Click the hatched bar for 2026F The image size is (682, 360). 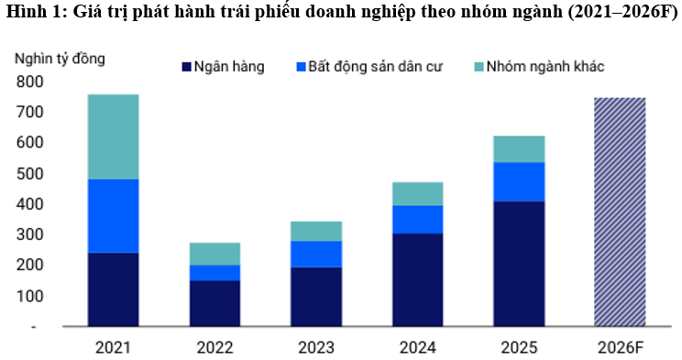click(620, 212)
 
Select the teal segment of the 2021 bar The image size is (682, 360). click(113, 136)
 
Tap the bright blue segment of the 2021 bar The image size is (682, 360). click(113, 215)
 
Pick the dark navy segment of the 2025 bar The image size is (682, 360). click(518, 263)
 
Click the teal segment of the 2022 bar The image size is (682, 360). click(214, 254)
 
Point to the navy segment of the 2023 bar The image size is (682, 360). click(316, 296)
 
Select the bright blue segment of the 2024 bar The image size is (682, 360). click(417, 219)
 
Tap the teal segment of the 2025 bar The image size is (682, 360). click(518, 148)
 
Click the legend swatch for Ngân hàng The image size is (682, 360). click(185, 67)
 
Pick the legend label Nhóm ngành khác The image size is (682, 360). click(544, 67)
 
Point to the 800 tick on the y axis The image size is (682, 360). click(29, 82)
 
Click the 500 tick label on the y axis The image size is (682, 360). click(29, 173)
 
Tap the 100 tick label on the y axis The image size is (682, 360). click(29, 296)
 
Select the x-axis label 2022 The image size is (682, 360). click(214, 347)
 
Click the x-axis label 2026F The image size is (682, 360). click(620, 347)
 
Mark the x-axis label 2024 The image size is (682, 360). click(417, 347)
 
